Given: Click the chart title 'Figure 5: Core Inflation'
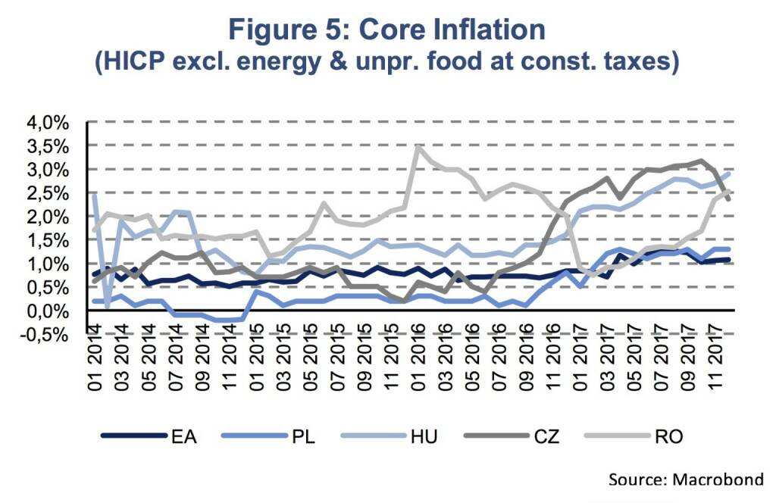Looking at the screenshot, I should point(387,30).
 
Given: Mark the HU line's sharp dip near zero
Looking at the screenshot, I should point(107,307).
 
